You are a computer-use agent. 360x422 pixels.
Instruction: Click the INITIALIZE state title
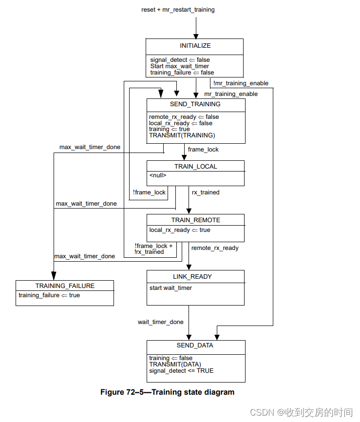[x=195, y=46]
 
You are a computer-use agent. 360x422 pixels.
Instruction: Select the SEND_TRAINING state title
[x=195, y=104]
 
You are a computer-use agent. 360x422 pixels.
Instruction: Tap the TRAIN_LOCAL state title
[x=195, y=167]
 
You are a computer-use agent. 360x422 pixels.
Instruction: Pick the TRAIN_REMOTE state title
[x=195, y=220]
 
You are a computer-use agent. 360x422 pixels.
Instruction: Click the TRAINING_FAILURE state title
[x=65, y=286]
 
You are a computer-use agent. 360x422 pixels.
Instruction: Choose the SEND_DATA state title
[x=195, y=345]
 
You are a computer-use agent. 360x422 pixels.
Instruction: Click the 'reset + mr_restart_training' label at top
[x=178, y=10]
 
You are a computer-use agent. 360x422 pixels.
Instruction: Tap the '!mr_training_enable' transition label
[x=241, y=83]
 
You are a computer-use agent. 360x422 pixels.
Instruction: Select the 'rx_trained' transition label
[x=205, y=192]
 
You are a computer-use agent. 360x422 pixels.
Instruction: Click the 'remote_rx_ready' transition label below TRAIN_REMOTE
[x=215, y=248]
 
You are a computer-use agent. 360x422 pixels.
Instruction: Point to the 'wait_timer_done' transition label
[x=161, y=322]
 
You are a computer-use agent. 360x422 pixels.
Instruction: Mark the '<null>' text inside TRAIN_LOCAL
[x=158, y=175]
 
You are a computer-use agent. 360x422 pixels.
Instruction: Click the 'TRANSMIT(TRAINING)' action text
[x=182, y=135]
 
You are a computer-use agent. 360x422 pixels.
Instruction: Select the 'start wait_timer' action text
[x=171, y=288]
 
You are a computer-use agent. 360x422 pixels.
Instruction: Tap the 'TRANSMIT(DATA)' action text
[x=175, y=364]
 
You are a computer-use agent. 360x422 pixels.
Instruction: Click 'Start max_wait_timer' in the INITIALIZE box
[x=179, y=66]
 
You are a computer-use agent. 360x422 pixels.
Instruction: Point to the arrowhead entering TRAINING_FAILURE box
[x=54, y=276]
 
